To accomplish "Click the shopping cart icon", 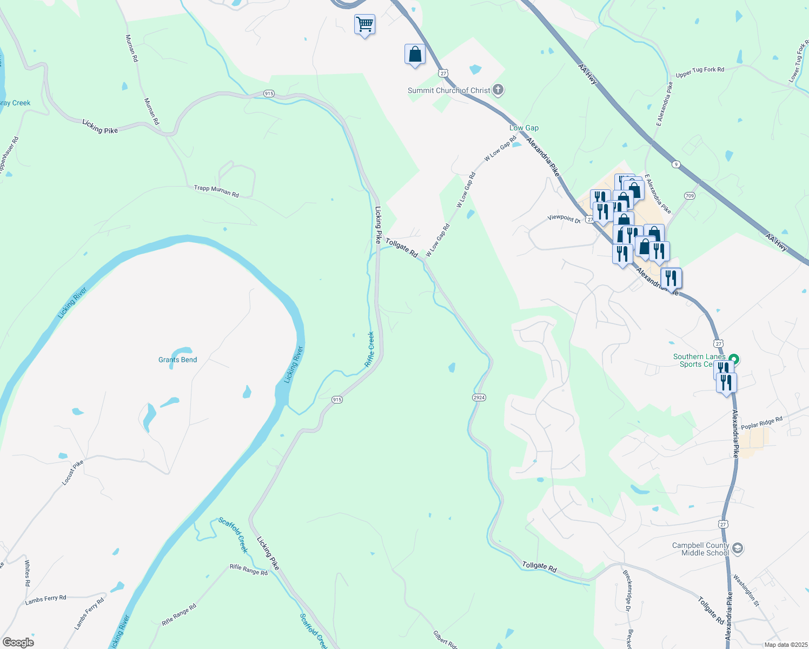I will click(x=364, y=24).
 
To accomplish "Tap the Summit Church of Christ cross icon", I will click(x=498, y=90).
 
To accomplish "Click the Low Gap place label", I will click(x=524, y=128).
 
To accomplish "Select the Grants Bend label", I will click(x=177, y=360).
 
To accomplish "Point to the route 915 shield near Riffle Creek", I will click(x=337, y=400).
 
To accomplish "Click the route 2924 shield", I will click(x=479, y=398).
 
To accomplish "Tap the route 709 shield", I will click(x=689, y=195).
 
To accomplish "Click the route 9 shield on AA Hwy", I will click(x=675, y=164).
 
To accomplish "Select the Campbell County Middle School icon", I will click(x=737, y=549).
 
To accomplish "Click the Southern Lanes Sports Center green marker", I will click(x=734, y=359).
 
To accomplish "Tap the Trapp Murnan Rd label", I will click(x=216, y=191).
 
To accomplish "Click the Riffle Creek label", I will click(x=370, y=349).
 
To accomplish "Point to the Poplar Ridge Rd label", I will click(x=761, y=423).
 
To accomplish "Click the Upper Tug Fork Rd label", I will click(x=700, y=72).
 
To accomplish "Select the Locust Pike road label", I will click(x=73, y=472).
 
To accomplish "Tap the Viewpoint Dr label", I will click(x=563, y=218).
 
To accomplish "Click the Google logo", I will click(x=18, y=643).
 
